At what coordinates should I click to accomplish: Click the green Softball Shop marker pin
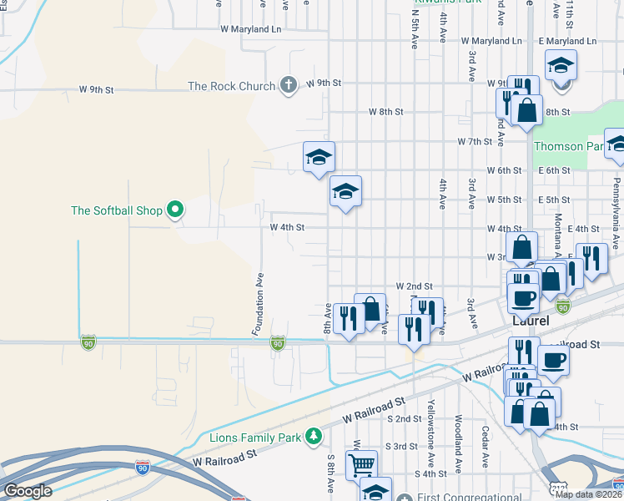175,210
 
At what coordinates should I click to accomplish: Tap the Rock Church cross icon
288,85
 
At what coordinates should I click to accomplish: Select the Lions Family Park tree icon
314,435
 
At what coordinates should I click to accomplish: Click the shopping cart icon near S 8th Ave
361,464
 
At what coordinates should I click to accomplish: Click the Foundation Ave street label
259,304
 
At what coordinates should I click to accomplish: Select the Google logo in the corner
28,491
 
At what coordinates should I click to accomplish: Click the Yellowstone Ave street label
431,422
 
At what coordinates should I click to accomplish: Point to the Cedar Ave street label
485,447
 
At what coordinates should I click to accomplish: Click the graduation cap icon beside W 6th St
319,156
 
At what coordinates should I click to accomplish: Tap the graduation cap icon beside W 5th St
345,191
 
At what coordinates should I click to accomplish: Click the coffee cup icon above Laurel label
524,297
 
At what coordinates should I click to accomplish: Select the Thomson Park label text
567,146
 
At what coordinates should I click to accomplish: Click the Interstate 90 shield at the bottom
143,469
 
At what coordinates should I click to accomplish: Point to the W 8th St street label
386,111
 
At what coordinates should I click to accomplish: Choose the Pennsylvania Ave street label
617,197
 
